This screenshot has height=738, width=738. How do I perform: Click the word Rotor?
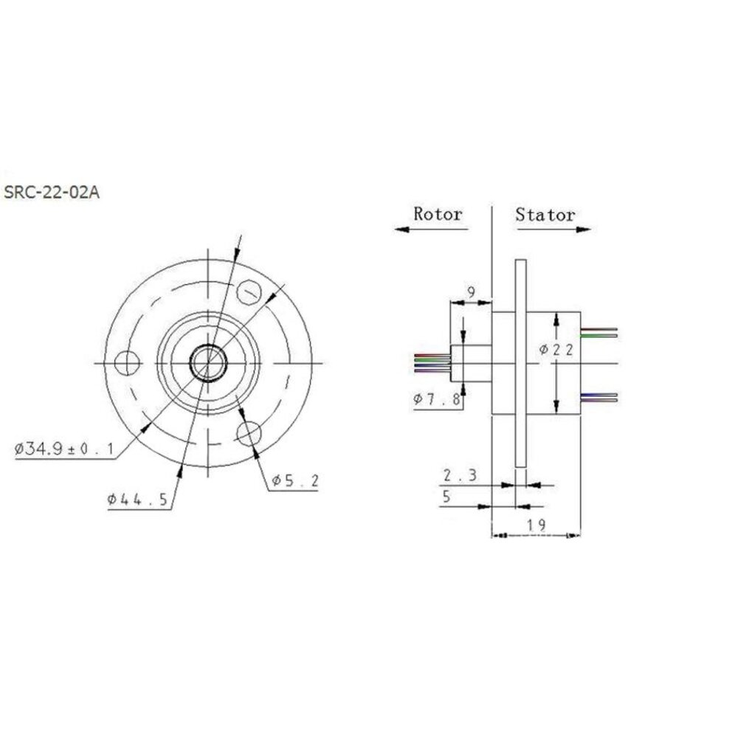point(438,214)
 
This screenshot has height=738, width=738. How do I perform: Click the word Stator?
point(545,215)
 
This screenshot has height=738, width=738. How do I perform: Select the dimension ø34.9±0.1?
point(63,448)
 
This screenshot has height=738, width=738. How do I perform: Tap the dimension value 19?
point(537,525)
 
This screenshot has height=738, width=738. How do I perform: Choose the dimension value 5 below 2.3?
point(445,497)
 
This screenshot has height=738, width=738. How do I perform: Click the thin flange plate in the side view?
point(521,362)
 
